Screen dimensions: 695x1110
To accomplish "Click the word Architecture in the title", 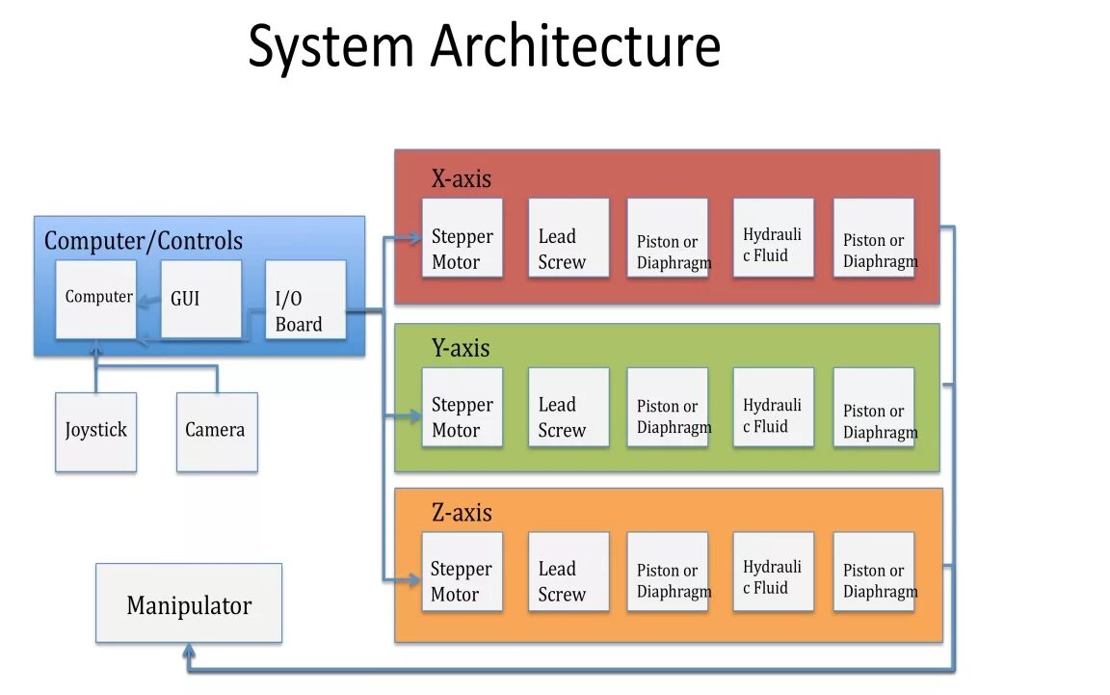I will (575, 46).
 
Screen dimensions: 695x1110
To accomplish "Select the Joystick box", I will (95, 431).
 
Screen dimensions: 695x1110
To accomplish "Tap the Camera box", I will (216, 431).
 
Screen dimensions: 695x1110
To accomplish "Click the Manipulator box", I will (189, 604).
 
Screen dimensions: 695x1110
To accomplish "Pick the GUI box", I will (200, 299).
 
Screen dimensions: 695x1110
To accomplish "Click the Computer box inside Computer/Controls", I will (95, 299).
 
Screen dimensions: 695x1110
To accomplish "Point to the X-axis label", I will (461, 178).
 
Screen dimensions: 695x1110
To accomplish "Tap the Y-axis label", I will (461, 348).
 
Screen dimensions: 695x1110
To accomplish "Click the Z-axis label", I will (462, 512).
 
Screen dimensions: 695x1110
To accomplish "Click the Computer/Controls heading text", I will (143, 241).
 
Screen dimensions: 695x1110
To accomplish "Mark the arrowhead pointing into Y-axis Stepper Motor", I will (415, 416).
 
